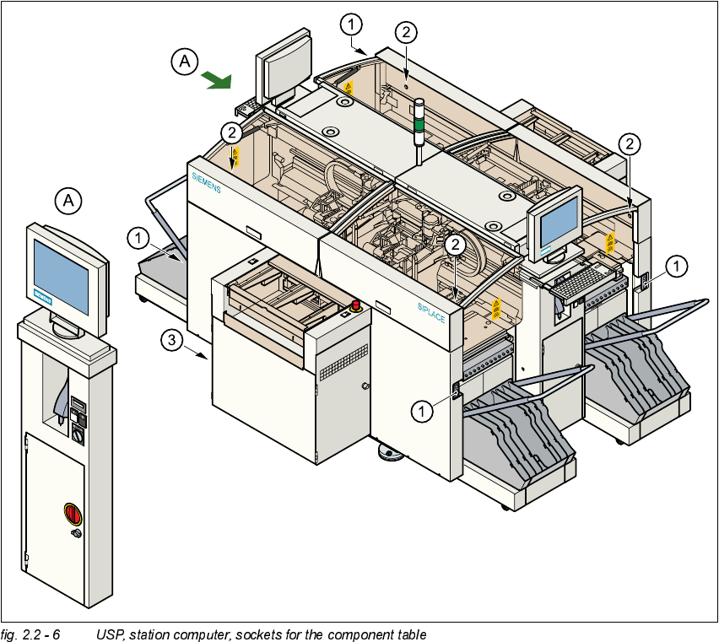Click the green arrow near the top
(218, 80)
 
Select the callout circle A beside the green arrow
(185, 61)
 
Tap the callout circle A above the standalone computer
(70, 201)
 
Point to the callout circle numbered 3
(171, 340)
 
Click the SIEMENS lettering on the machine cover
(205, 182)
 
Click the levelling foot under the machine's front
(391, 455)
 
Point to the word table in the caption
(410, 634)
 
